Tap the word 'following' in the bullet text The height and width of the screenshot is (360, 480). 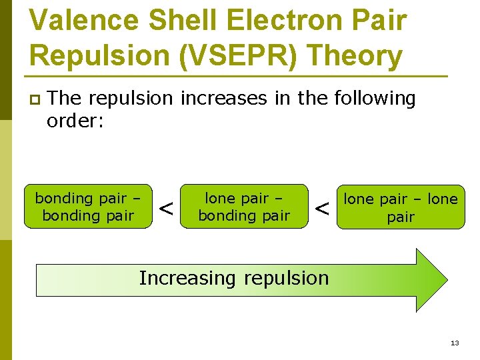tap(375, 99)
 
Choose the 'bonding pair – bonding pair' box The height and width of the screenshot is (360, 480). tap(88, 207)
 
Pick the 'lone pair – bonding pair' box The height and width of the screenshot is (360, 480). tap(244, 207)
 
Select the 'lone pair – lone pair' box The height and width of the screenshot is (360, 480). tap(400, 207)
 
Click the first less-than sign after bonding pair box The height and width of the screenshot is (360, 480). tap(167, 209)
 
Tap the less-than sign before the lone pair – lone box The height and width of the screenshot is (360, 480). tap(323, 209)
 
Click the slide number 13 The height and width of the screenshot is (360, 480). tap(455, 343)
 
